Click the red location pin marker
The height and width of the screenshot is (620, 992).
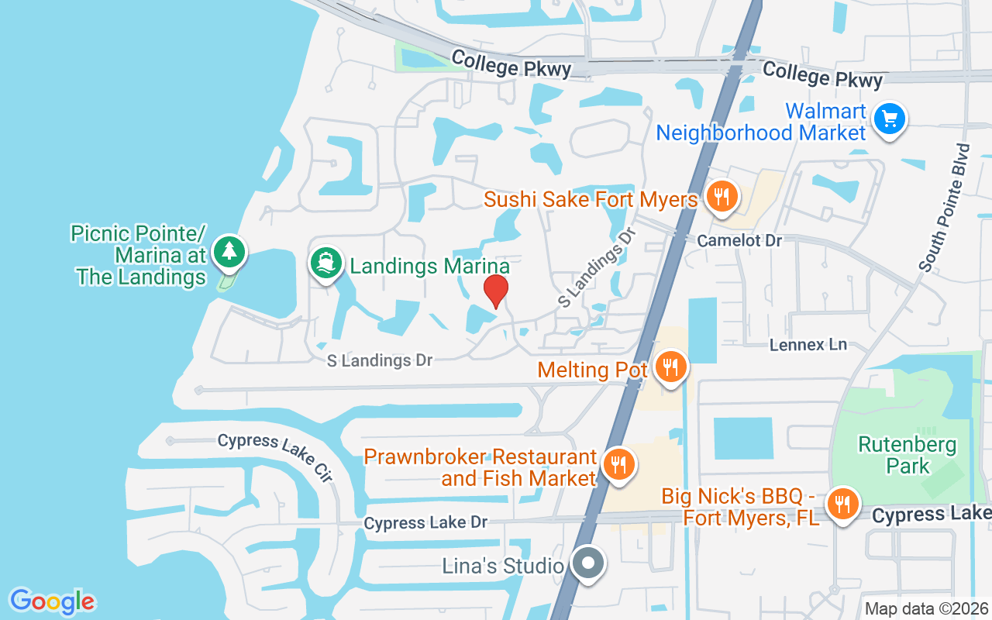pyautogui.click(x=496, y=291)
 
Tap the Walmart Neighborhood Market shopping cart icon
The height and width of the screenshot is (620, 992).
pyautogui.click(x=889, y=120)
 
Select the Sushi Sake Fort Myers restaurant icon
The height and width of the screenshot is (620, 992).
pyautogui.click(x=722, y=197)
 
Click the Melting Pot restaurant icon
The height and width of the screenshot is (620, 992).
pyautogui.click(x=670, y=367)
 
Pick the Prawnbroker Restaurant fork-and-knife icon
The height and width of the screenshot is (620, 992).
pyautogui.click(x=618, y=465)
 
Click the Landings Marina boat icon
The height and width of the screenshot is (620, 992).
pyautogui.click(x=326, y=263)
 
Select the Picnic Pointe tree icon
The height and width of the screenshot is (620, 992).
pyautogui.click(x=229, y=251)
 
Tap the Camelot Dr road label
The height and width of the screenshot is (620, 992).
pyautogui.click(x=739, y=240)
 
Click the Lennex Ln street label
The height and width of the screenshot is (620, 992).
pyautogui.click(x=808, y=344)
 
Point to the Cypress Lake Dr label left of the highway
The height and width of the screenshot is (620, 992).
pyautogui.click(x=425, y=523)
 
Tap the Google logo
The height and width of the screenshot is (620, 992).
pyautogui.click(x=53, y=601)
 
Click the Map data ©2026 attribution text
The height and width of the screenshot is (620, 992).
pyautogui.click(x=926, y=609)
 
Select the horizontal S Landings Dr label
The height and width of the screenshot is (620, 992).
pyautogui.click(x=379, y=360)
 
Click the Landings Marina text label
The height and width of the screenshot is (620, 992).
pyautogui.click(x=429, y=267)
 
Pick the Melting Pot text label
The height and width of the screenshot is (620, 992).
pyautogui.click(x=593, y=370)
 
